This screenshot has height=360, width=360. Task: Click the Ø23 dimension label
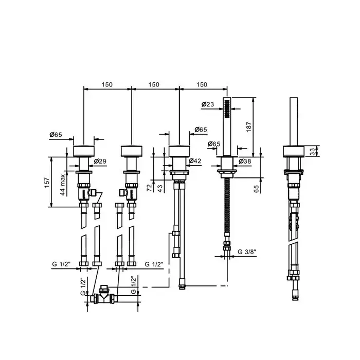click(208, 104)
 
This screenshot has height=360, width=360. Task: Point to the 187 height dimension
click(249, 127)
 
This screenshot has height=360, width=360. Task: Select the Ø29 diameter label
click(100, 161)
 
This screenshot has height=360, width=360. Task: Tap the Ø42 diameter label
click(195, 161)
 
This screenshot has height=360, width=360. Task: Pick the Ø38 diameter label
click(245, 161)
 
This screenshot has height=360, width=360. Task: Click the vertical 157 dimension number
click(47, 183)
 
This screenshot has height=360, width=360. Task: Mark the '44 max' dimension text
click(63, 185)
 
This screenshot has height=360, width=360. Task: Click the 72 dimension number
click(150, 188)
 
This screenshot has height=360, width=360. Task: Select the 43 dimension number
click(160, 189)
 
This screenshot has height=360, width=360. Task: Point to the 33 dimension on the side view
click(312, 152)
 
